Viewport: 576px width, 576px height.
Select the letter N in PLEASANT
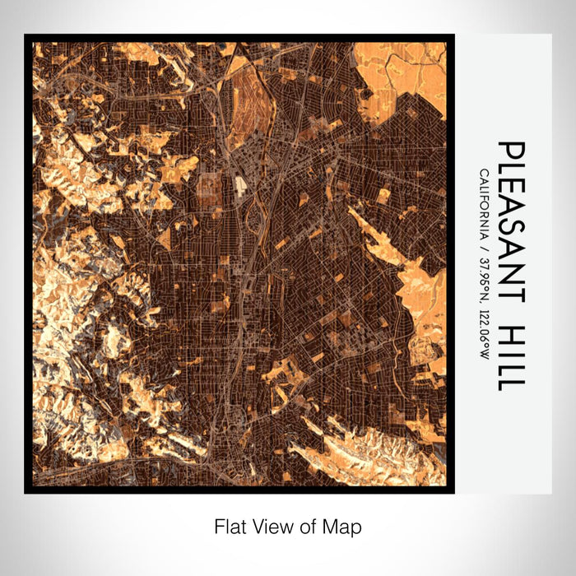tap(511, 274)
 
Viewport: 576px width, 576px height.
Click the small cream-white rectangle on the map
tap(241, 187)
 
